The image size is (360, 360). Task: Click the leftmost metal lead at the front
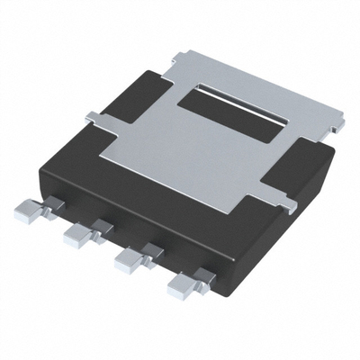pyautogui.click(x=29, y=212)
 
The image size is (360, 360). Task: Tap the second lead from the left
pyautogui.click(x=79, y=235)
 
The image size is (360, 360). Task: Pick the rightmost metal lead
pyautogui.click(x=184, y=283)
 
